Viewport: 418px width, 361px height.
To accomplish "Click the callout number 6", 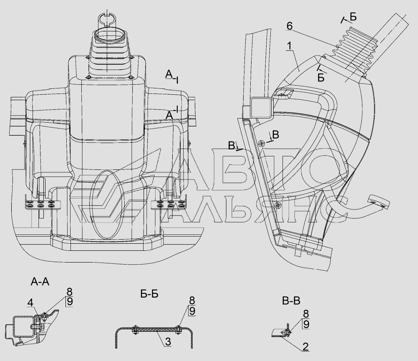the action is click(290, 26).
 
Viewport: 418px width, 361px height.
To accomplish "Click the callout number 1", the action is click(290, 46).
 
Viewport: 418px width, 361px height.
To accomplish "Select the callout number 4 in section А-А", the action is click(30, 303).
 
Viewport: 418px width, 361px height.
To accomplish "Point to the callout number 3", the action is click(168, 341).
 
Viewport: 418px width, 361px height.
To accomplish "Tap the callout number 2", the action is click(305, 347).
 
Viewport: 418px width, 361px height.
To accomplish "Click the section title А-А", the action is click(40, 282).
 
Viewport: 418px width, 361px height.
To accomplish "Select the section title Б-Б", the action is click(149, 294).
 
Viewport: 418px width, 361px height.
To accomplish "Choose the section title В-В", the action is click(291, 301).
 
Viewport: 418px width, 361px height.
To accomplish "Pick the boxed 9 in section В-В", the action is click(306, 324).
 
